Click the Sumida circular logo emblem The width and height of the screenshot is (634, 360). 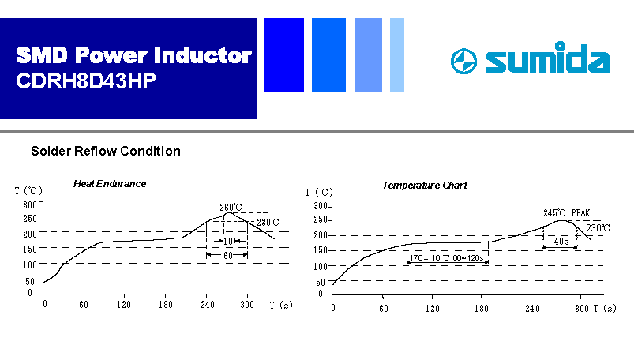(463, 61)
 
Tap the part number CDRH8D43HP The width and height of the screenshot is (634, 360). (86, 81)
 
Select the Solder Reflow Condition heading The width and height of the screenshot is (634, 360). (106, 151)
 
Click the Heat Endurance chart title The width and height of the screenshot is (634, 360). (110, 184)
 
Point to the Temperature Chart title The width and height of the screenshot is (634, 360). (425, 186)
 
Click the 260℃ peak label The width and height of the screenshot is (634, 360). (231, 207)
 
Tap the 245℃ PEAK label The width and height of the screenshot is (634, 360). (566, 213)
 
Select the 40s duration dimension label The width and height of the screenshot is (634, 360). (561, 242)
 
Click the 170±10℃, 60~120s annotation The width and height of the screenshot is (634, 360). (446, 257)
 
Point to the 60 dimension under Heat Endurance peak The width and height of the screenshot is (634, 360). (228, 255)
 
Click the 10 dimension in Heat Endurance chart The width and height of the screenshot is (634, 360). (228, 242)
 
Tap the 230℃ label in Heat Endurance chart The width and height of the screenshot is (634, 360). (268, 222)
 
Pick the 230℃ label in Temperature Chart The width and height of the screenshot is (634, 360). (598, 227)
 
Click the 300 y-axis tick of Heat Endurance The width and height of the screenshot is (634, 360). (30, 204)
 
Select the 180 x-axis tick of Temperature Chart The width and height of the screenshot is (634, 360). (481, 308)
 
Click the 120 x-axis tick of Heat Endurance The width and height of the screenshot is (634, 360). (124, 304)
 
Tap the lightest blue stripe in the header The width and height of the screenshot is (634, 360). (397, 55)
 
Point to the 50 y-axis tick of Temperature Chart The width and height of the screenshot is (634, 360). (321, 282)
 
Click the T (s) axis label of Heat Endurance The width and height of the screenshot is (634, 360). (281, 305)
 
